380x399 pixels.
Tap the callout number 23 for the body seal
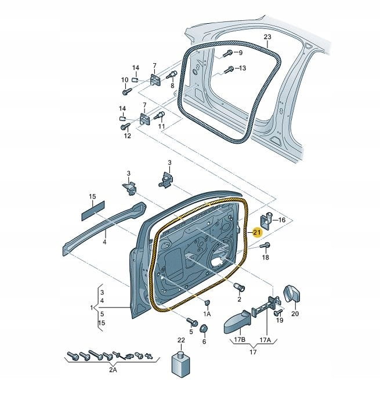(267, 38)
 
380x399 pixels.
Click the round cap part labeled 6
(204, 329)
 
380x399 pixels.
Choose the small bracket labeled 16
(268, 219)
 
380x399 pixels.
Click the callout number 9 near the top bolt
(240, 53)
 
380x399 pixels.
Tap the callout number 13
(242, 68)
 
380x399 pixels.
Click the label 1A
(207, 313)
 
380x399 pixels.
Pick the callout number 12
(127, 136)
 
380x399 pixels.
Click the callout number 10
(124, 79)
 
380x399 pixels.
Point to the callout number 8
(172, 85)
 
